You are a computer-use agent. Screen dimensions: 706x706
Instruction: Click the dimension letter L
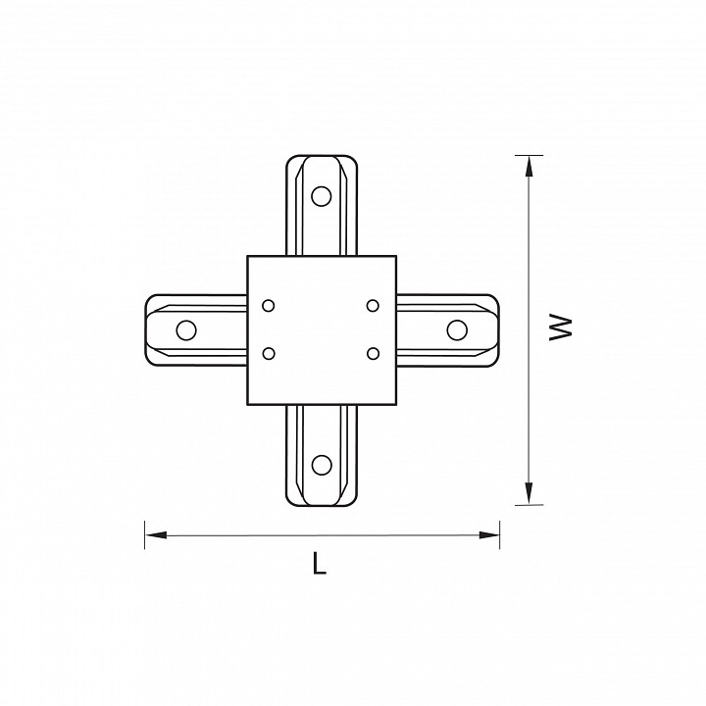319,563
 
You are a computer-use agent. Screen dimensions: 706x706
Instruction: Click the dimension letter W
561,328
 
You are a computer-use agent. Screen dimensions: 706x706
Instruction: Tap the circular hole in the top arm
322,196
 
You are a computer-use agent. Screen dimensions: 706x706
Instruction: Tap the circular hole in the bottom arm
322,465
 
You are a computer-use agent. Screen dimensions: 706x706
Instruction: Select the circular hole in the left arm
186,330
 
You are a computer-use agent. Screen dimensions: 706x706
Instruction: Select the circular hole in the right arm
457,330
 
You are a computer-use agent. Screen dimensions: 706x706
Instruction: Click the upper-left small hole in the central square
269,306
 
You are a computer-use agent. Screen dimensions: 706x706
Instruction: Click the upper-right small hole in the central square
373,306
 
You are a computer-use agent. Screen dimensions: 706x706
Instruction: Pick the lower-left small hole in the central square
269,353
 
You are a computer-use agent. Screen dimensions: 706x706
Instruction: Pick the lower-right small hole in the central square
373,353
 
